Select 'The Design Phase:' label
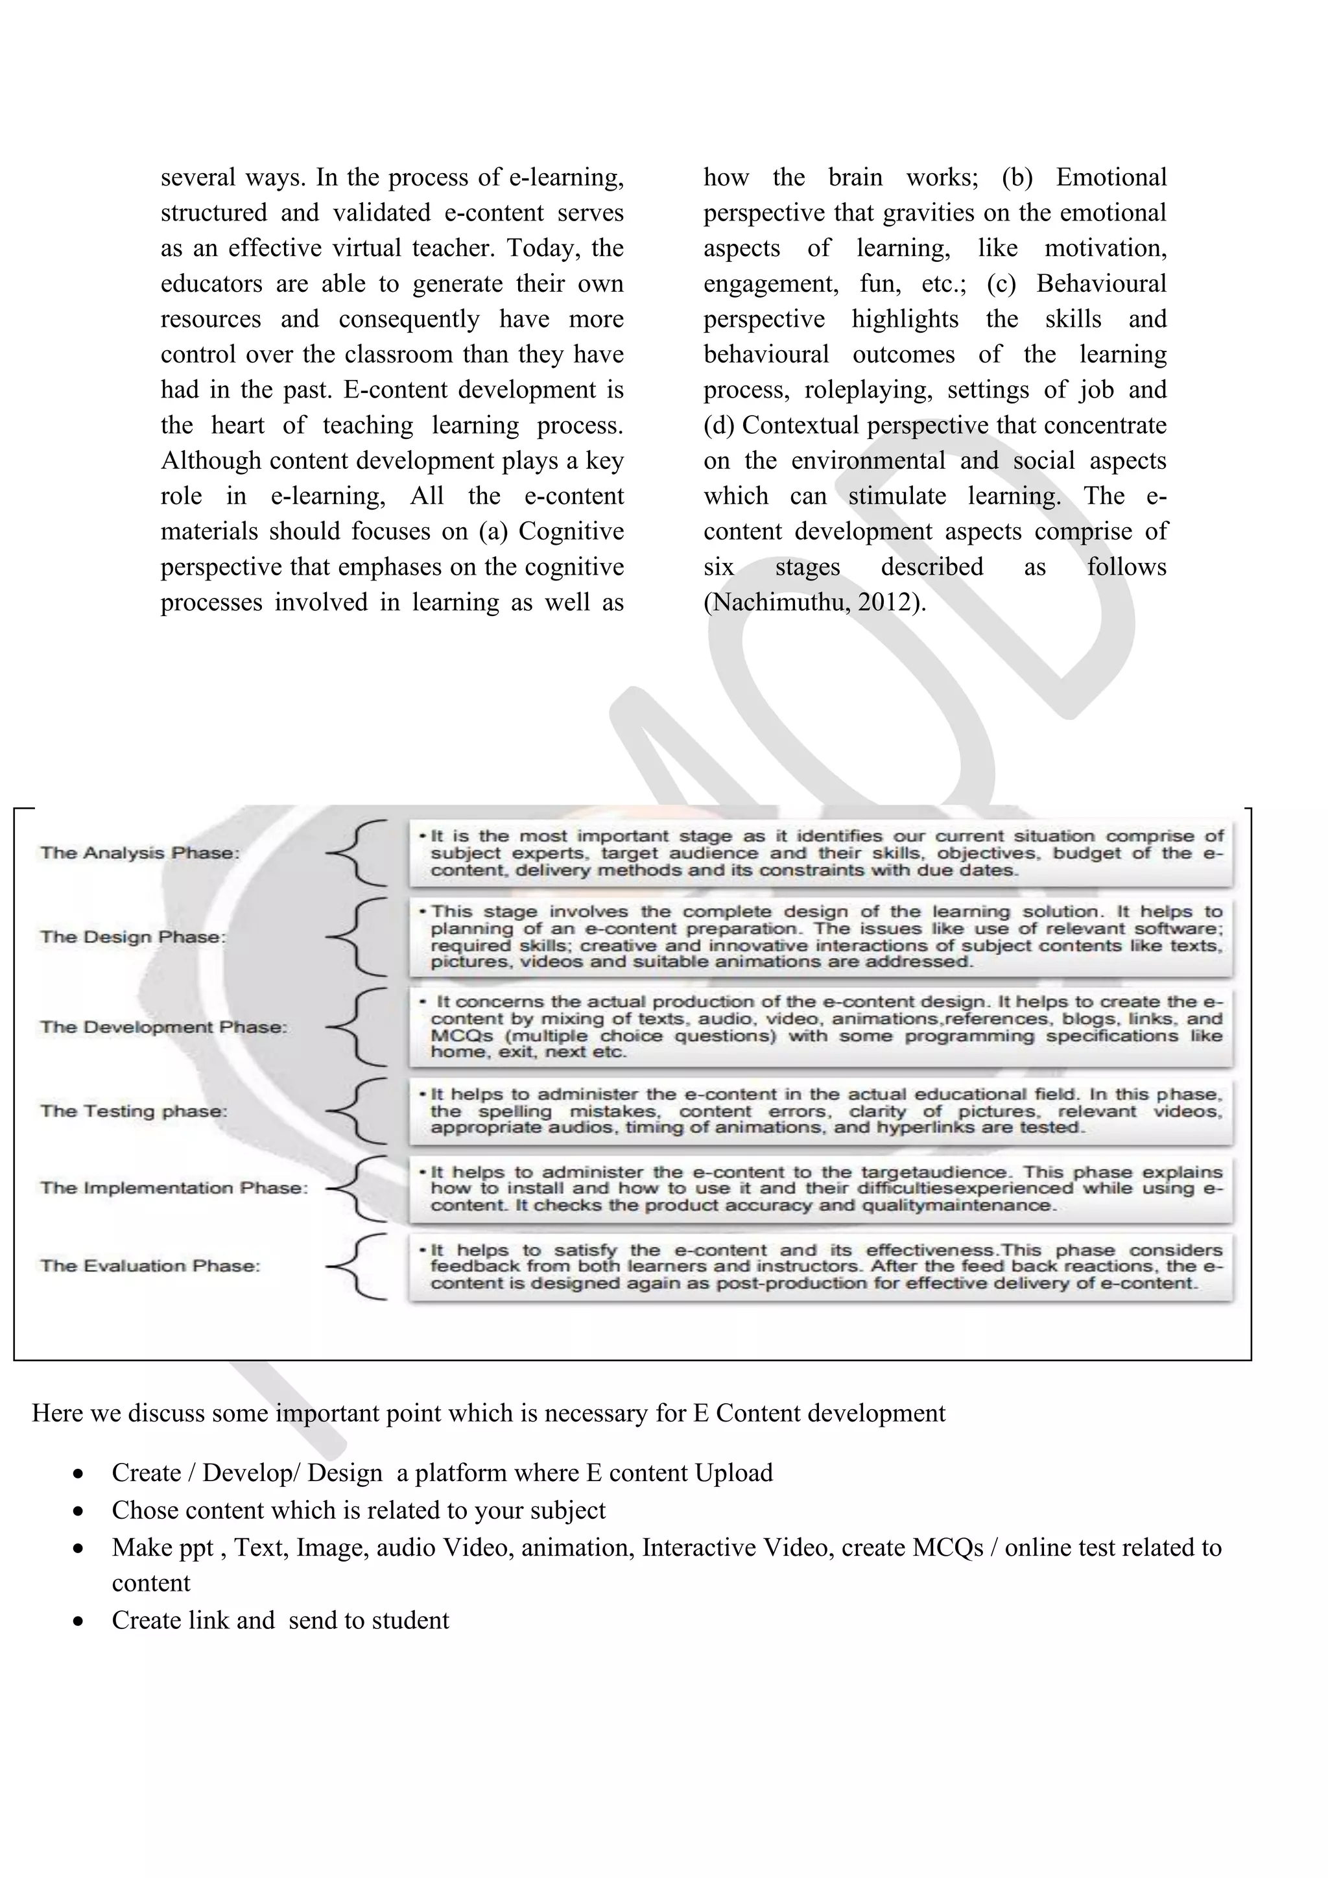click(x=132, y=936)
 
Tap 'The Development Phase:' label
click(x=163, y=1027)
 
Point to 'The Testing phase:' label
click(x=134, y=1111)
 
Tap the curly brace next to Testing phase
click(x=357, y=1111)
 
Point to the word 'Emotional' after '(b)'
click(x=1111, y=178)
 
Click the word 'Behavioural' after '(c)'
click(x=1100, y=284)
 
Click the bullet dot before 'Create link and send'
click(x=78, y=1621)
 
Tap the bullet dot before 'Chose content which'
click(x=78, y=1511)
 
